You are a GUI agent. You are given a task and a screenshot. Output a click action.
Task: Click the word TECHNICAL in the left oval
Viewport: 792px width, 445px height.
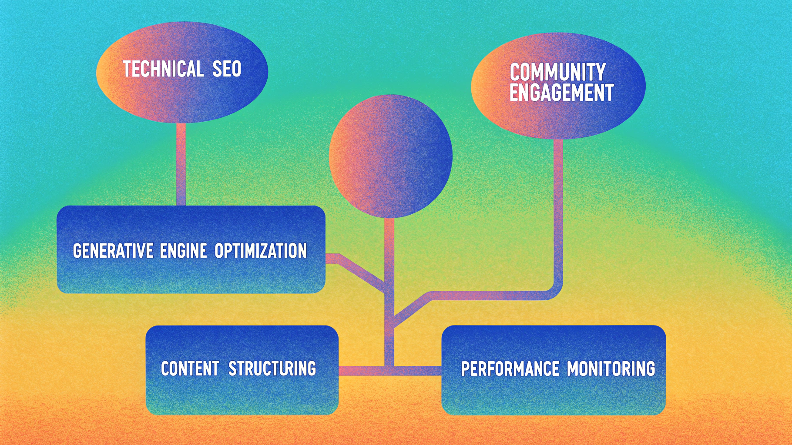tap(163, 69)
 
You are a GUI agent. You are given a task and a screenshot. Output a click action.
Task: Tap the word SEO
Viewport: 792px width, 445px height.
tap(227, 69)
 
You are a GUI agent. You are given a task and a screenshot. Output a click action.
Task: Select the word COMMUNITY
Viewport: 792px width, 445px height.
tap(557, 72)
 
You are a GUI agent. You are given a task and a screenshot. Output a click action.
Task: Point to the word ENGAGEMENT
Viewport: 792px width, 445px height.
tap(561, 93)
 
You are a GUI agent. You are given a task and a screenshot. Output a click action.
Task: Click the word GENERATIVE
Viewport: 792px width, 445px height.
tap(113, 251)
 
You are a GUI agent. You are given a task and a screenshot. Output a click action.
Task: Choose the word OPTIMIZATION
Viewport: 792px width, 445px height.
tap(261, 251)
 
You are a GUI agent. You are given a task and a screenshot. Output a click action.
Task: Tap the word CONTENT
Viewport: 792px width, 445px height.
tap(190, 369)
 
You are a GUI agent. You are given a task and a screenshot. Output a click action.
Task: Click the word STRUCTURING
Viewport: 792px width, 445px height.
tap(272, 369)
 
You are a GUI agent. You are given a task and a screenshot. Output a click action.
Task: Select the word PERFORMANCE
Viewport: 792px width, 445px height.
tap(510, 369)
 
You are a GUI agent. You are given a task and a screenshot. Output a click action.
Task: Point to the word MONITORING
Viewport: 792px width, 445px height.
tap(611, 369)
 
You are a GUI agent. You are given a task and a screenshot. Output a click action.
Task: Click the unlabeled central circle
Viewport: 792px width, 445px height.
tap(390, 156)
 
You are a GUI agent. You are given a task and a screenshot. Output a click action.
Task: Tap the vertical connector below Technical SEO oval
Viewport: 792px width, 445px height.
tap(181, 164)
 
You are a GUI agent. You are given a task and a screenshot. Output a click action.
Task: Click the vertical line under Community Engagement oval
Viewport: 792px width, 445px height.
tap(558, 209)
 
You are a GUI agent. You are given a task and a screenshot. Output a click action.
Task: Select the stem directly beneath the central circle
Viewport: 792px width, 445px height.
tap(389, 248)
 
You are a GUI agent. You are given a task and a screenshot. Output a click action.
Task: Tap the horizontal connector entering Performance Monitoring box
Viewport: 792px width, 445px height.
tap(420, 371)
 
